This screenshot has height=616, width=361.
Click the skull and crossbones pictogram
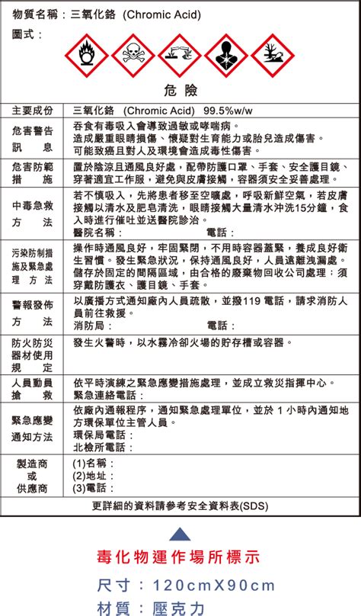(134, 55)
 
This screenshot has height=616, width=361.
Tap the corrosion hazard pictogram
(181, 55)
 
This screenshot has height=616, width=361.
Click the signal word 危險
(180, 91)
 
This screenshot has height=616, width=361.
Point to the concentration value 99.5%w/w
(223, 111)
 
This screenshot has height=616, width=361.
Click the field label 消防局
(89, 326)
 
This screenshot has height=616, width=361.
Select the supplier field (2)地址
(89, 476)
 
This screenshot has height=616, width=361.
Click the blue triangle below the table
(180, 532)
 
